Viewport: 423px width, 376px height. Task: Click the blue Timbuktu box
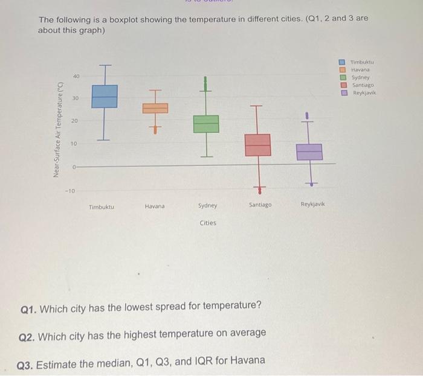(x=105, y=96)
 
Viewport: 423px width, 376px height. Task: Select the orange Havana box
(x=155, y=108)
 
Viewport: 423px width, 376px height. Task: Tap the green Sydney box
(x=205, y=124)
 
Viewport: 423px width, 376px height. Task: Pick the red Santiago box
(x=257, y=145)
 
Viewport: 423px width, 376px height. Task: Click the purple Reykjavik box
(x=309, y=151)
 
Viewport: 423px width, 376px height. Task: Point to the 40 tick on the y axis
(x=76, y=77)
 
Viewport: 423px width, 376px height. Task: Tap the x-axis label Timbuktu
(x=102, y=206)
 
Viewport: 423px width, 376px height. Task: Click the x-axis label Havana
(x=154, y=206)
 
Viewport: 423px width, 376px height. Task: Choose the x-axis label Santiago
(x=260, y=205)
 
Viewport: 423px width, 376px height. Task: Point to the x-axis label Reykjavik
(x=312, y=205)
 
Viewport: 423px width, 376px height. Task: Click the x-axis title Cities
(x=208, y=223)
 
